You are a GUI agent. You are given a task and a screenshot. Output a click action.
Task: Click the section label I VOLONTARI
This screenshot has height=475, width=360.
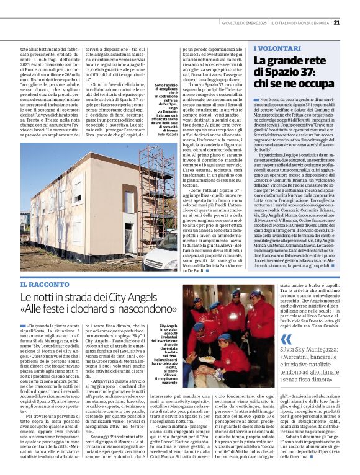[276, 47]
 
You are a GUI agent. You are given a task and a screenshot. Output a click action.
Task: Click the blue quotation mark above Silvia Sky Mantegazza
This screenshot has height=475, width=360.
[286, 339]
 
